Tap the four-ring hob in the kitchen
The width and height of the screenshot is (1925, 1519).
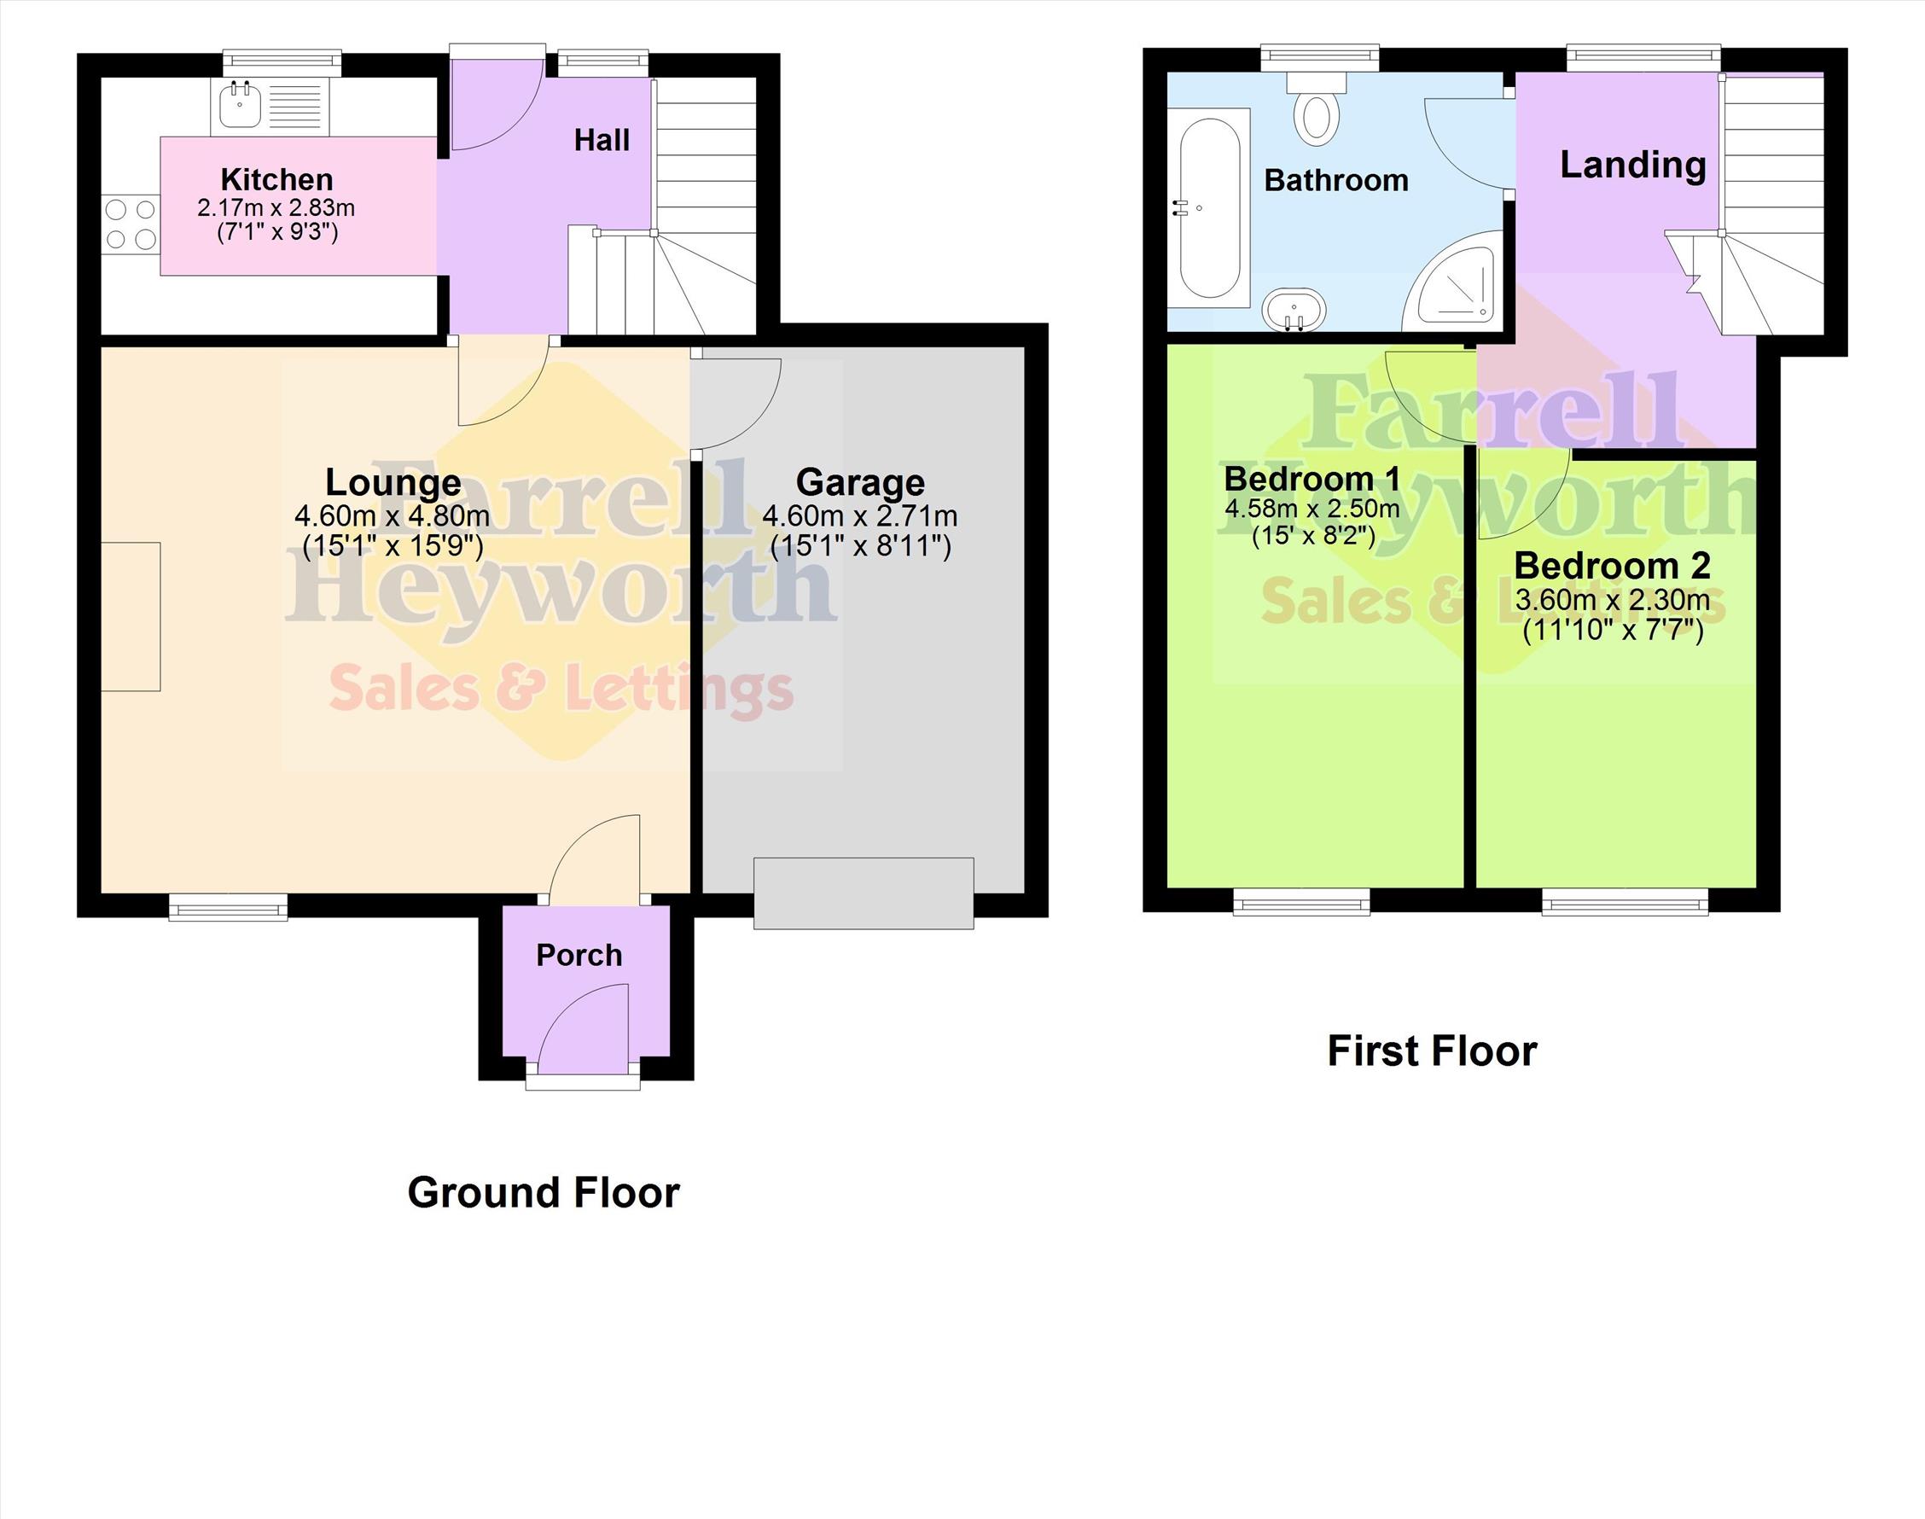[x=131, y=224]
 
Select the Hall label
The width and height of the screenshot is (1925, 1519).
[x=602, y=140]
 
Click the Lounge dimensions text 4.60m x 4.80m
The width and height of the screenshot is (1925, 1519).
[x=393, y=515]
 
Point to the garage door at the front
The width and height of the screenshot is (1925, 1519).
[x=864, y=893]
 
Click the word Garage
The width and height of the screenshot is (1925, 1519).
[x=860, y=482]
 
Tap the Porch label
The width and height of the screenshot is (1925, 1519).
[x=579, y=955]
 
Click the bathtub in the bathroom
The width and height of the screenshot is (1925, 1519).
[x=1209, y=208]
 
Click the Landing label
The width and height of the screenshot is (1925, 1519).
[x=1633, y=166]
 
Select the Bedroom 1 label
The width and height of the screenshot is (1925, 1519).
[x=1312, y=479]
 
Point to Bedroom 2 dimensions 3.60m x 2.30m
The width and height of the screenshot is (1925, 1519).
[x=1612, y=600]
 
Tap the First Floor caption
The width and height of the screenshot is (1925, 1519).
[x=1432, y=1051]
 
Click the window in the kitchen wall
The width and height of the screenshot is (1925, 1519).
[x=282, y=62]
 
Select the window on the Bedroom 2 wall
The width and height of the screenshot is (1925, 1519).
[x=1625, y=901]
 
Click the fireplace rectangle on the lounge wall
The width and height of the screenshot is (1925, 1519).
[x=131, y=616]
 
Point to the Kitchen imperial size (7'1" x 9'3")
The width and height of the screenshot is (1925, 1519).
[x=277, y=233]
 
